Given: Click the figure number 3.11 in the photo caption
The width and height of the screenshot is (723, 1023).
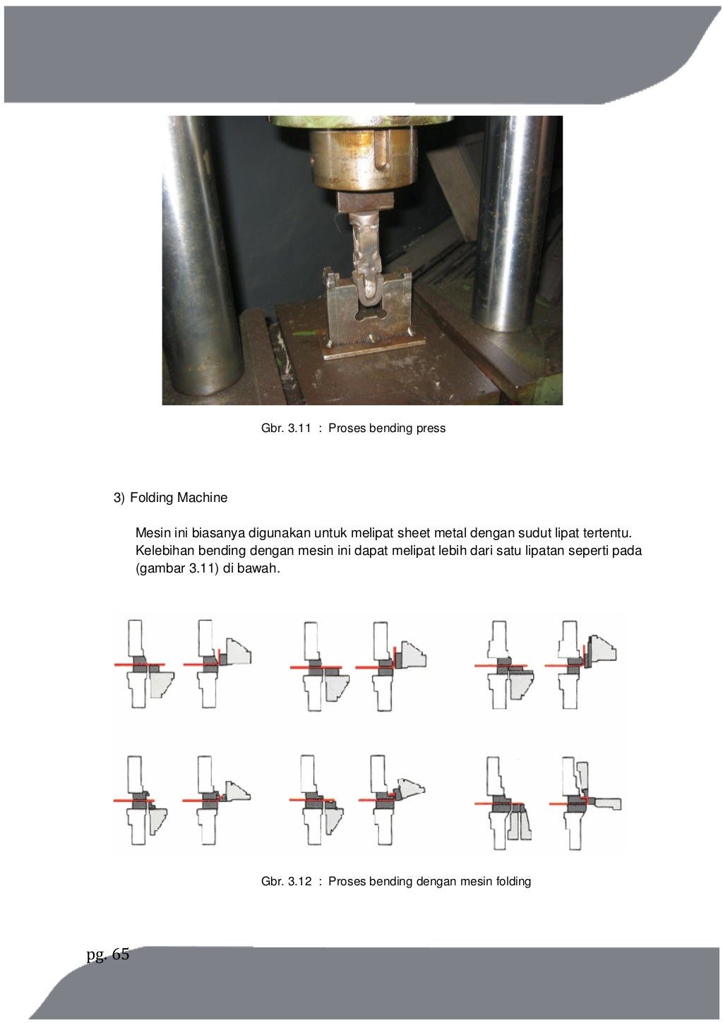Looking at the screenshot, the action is pyautogui.click(x=299, y=429).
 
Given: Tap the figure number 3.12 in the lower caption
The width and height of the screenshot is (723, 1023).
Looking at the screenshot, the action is pyautogui.click(x=299, y=881).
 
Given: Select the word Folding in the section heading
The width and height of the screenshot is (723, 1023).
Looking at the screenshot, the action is pyautogui.click(x=152, y=498).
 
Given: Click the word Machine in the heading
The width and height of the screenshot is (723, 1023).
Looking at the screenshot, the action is pyautogui.click(x=202, y=497).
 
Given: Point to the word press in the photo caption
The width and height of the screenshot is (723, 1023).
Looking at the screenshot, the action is pyautogui.click(x=431, y=429).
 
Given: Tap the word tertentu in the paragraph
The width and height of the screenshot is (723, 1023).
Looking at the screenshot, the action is pyautogui.click(x=607, y=533).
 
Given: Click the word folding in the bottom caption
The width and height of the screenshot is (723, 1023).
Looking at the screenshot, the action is pyautogui.click(x=513, y=881).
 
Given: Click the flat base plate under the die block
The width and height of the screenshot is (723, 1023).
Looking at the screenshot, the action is pyautogui.click(x=374, y=348).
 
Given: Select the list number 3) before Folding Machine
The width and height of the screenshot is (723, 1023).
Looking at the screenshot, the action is pyautogui.click(x=119, y=498).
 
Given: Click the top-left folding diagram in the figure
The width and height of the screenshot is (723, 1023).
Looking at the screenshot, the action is pyautogui.click(x=144, y=664).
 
